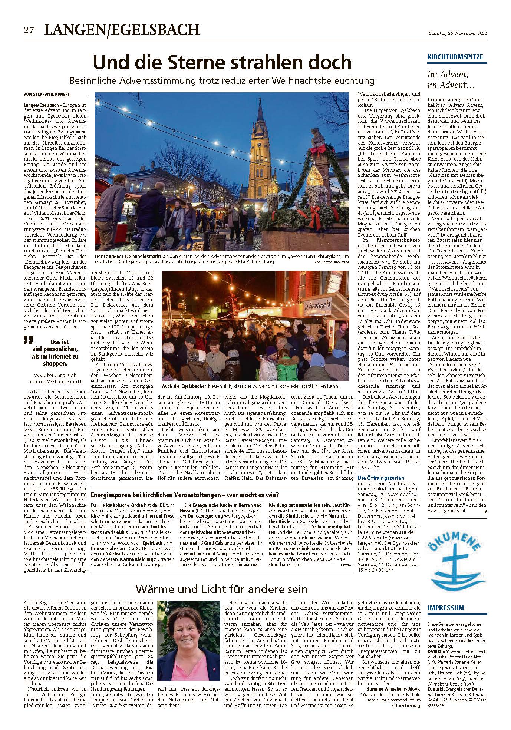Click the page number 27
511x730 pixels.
(29, 31)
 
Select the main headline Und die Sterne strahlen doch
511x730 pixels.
(222, 62)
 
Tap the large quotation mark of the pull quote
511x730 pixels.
(28, 340)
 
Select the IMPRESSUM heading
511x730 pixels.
(445, 608)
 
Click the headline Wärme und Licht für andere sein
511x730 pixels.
(222, 588)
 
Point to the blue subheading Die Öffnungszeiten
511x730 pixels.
(381, 478)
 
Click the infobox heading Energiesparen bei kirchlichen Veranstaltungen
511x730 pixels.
(184, 495)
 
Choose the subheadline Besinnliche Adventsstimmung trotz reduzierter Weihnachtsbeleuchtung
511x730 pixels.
(222, 80)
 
